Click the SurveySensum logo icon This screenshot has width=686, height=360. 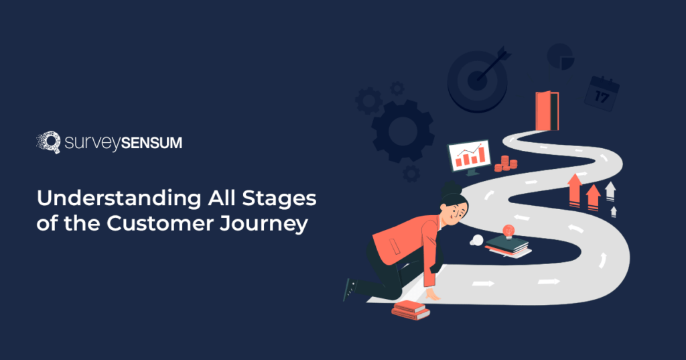click(48, 142)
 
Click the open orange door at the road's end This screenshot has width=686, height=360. click(545, 111)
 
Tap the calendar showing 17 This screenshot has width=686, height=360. click(601, 93)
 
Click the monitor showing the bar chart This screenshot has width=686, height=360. click(469, 156)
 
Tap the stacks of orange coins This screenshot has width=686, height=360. click(506, 164)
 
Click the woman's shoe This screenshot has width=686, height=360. click(348, 288)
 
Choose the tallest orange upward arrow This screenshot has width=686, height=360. click(574, 188)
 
